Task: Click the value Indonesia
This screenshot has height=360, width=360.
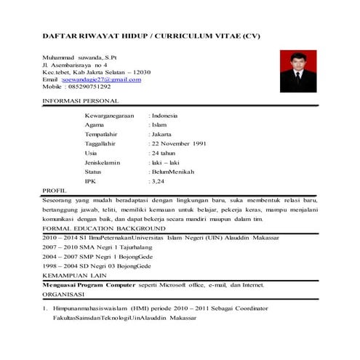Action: point(166,116)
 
